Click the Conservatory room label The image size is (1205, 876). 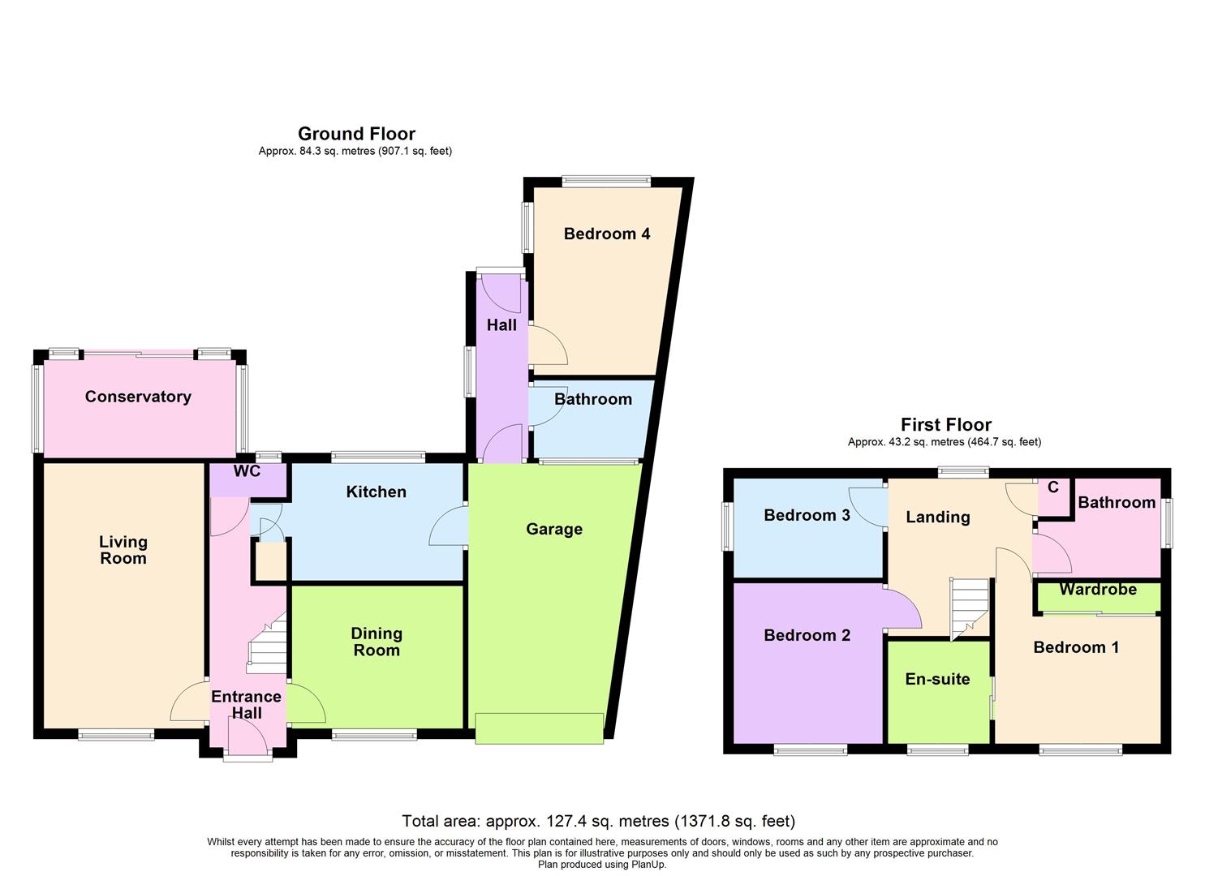click(x=138, y=397)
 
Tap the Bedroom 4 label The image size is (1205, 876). click(x=606, y=234)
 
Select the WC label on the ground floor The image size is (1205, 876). click(x=247, y=471)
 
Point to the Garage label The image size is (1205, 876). click(x=554, y=529)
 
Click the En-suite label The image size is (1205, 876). click(x=937, y=679)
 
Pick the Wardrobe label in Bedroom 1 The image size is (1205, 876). click(x=1097, y=590)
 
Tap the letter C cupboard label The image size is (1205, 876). click(x=1053, y=487)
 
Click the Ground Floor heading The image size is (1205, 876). click(x=356, y=134)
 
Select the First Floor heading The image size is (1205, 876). click(x=946, y=424)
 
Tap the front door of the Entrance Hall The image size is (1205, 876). click(x=247, y=740)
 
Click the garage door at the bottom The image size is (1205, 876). click(x=540, y=728)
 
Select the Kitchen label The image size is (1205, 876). click(x=376, y=492)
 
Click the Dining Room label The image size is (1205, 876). click(x=377, y=642)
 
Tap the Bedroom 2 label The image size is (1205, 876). click(x=807, y=635)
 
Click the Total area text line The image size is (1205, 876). click(x=598, y=822)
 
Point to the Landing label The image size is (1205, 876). click(x=937, y=517)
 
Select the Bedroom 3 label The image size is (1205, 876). click(x=807, y=515)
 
